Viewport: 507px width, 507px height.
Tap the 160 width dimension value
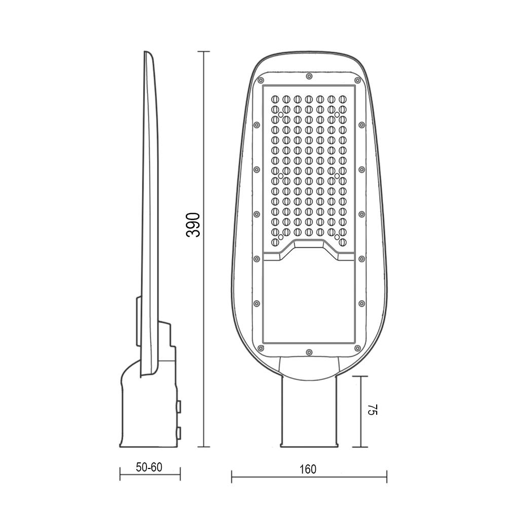(308, 469)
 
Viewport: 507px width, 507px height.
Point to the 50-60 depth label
(149, 467)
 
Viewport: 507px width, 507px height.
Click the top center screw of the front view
(309, 77)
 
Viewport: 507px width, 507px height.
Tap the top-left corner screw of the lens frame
(261, 80)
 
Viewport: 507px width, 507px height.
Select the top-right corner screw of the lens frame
(357, 80)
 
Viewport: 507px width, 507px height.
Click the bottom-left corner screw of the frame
(261, 348)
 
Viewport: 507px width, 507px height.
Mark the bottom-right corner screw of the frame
(357, 348)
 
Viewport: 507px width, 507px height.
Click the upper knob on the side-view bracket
(179, 406)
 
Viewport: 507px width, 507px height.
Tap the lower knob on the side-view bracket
(179, 432)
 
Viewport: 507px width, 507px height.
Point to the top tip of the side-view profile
(147, 53)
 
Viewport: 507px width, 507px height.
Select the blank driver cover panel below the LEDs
(309, 304)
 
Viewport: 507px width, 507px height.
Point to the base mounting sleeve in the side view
(147, 411)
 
